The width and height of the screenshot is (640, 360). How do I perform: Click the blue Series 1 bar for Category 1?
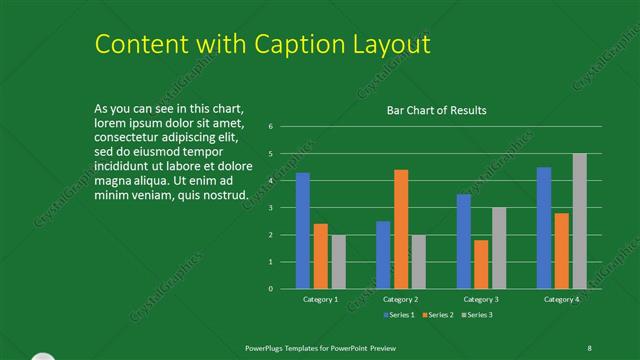pos(303,231)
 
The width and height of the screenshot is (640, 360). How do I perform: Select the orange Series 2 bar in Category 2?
pos(401,229)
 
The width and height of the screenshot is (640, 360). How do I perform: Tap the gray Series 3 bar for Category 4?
pos(580,221)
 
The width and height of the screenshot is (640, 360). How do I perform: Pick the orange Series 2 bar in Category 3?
pos(481,264)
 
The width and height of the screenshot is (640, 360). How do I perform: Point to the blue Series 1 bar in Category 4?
pos(544,228)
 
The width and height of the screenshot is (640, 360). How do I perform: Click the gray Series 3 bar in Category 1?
pos(338,262)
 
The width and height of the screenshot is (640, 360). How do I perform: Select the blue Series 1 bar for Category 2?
pos(383,255)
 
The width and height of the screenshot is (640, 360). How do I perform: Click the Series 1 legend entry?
pos(400,315)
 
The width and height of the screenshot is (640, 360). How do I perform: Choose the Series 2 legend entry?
pos(440,315)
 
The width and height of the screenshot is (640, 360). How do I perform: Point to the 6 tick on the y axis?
pos(271,127)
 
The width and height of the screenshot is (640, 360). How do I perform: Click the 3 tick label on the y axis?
pos(271,208)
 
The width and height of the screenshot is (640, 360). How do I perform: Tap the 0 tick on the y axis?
pos(271,289)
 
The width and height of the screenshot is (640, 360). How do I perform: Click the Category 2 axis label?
pos(400,300)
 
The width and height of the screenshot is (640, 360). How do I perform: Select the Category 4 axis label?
pos(561,300)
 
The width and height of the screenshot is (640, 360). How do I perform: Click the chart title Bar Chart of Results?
pos(437,111)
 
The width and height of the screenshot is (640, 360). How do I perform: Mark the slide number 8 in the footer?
pos(589,347)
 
